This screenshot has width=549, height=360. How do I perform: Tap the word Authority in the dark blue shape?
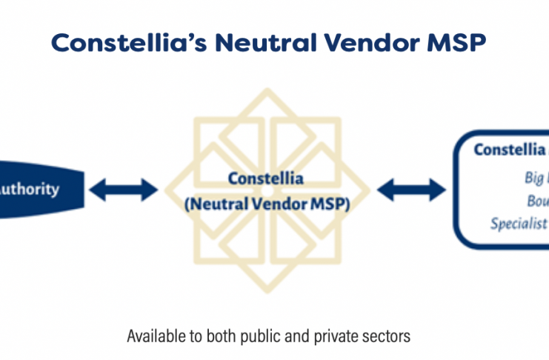(x=29, y=189)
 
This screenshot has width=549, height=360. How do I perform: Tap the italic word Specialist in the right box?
(x=519, y=223)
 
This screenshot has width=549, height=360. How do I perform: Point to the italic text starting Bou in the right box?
(x=536, y=201)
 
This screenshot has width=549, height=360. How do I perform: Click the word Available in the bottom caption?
(x=154, y=336)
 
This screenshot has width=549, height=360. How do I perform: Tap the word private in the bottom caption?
(x=333, y=336)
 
